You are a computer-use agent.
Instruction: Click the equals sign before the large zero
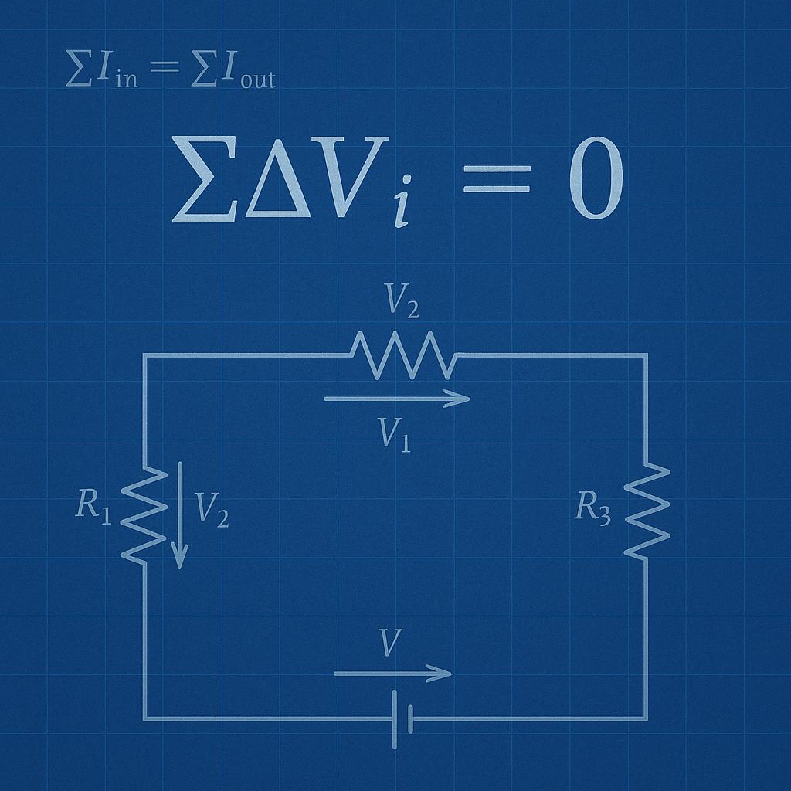click(497, 180)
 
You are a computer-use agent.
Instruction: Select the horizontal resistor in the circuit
click(402, 355)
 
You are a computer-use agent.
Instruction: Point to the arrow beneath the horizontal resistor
click(397, 399)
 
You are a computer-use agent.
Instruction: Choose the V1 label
click(395, 435)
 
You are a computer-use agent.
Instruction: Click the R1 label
click(93, 506)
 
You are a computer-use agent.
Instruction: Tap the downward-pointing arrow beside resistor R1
click(180, 514)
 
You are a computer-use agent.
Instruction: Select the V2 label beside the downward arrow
click(211, 509)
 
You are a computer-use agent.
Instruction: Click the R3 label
click(592, 508)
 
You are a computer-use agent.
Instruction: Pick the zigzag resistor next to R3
click(647, 511)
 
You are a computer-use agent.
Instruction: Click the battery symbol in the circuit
click(402, 718)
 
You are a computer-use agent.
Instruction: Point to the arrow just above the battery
click(392, 674)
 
